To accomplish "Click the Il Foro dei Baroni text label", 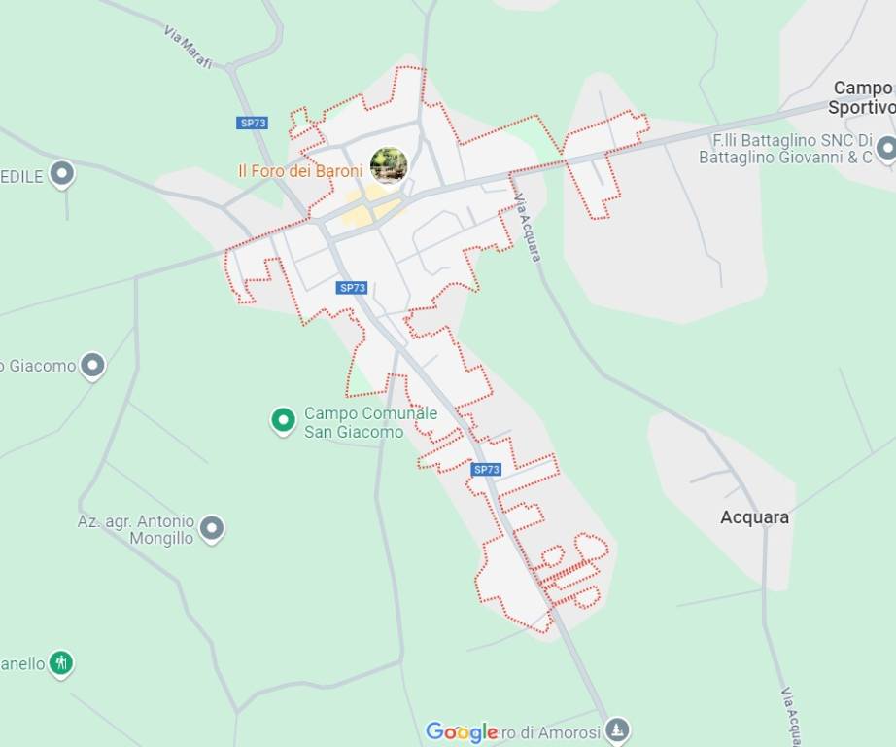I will coord(300,171).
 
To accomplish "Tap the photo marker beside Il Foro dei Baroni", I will coord(389,165).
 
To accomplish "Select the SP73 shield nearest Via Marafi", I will coord(252,123).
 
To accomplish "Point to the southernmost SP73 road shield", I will coord(486,470).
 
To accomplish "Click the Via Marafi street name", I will coord(189,48).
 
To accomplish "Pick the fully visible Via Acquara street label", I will coord(527,228).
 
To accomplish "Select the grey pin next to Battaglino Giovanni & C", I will coord(885,149).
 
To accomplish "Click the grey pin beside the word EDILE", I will coord(62,174).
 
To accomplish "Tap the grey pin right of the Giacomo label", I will coord(92,366).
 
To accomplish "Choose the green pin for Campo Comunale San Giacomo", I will coord(283,420).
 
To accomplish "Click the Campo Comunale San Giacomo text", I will coord(357,422).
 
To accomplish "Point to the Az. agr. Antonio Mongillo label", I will coord(136,529).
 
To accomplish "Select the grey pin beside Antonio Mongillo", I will coord(211,529).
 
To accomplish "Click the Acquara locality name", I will coord(754,517).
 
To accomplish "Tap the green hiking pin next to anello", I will coord(61,663).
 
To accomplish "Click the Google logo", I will coord(461,732).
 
